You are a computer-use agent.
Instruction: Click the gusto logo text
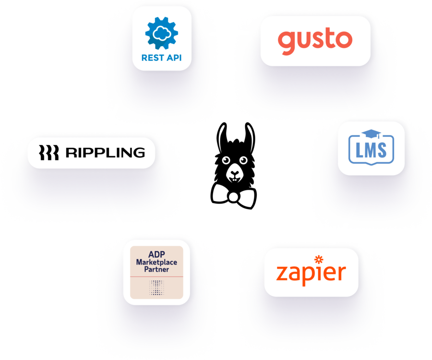click(x=315, y=41)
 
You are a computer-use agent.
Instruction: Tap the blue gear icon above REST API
click(x=161, y=31)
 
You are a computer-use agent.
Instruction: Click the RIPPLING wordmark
click(x=105, y=153)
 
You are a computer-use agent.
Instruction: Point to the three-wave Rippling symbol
click(x=48, y=153)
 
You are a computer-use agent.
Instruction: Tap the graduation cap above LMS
click(x=371, y=134)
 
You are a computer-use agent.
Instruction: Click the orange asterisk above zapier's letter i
click(x=318, y=260)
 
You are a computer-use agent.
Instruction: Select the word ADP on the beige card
click(x=156, y=254)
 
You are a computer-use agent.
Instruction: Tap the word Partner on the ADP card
click(x=156, y=270)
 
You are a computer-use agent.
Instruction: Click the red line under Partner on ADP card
click(x=156, y=277)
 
